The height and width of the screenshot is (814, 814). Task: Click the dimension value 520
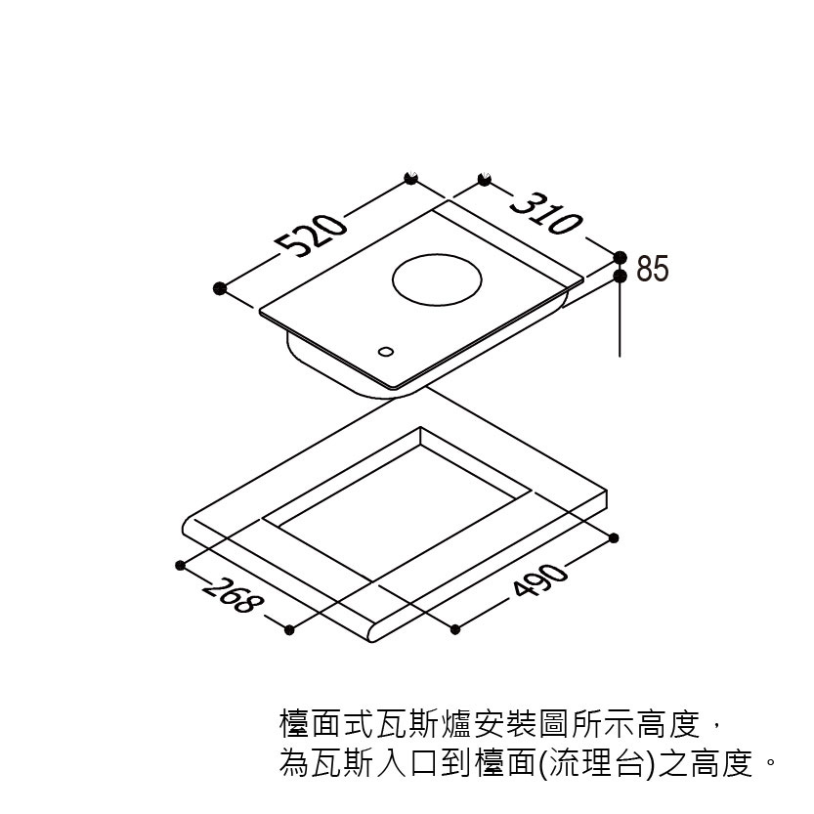(x=311, y=235)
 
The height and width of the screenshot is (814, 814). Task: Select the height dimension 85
(x=653, y=269)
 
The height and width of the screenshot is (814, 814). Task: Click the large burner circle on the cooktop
(x=437, y=279)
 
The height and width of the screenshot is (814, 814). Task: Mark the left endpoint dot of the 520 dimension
(x=220, y=288)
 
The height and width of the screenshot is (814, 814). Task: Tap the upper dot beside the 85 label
(x=621, y=257)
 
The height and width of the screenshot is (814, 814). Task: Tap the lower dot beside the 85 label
(x=621, y=278)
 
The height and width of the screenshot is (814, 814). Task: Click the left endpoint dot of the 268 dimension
(x=181, y=565)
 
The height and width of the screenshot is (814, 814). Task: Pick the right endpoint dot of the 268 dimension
(x=289, y=629)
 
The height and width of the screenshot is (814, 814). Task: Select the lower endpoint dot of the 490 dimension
(x=455, y=628)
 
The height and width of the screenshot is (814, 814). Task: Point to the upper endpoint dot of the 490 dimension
(x=614, y=537)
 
